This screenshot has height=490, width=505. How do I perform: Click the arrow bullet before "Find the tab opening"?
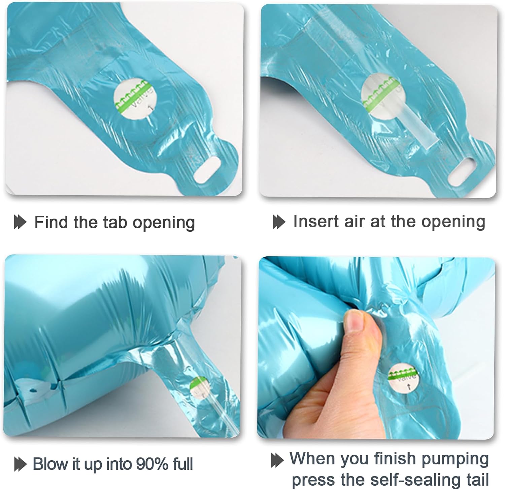coord(20,223)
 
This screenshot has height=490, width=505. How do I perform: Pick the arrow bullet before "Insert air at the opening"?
coord(279,222)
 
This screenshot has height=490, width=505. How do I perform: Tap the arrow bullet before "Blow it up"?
coord(20,465)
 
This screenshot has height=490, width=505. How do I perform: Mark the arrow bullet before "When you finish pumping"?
coord(277,460)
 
